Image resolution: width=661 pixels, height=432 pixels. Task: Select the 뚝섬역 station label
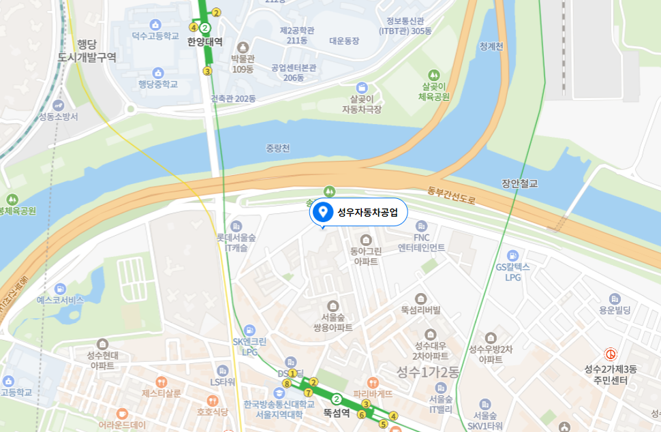pos(336,412)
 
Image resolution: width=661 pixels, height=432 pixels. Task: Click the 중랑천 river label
pos(277,148)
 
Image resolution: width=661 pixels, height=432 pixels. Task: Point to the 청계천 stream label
pos(491,47)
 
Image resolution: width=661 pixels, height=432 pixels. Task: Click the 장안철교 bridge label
pos(519,183)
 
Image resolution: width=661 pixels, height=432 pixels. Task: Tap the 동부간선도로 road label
pos(451,198)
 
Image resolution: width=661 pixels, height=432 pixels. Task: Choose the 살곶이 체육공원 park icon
pos(434,74)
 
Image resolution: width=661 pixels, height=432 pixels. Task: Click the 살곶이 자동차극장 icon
pos(361,87)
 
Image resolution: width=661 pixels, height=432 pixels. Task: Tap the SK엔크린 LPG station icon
pos(249,330)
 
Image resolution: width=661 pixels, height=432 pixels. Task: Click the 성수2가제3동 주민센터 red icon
pos(611,354)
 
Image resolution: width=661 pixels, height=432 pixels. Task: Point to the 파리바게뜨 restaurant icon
pos(372,382)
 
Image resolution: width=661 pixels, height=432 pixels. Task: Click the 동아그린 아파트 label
pos(366,256)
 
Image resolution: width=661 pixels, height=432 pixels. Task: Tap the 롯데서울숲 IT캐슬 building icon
pos(236,226)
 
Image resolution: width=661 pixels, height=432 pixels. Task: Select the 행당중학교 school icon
pos(158,72)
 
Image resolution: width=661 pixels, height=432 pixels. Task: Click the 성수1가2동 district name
pos(428,371)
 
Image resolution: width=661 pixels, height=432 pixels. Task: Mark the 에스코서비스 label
pos(60,300)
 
